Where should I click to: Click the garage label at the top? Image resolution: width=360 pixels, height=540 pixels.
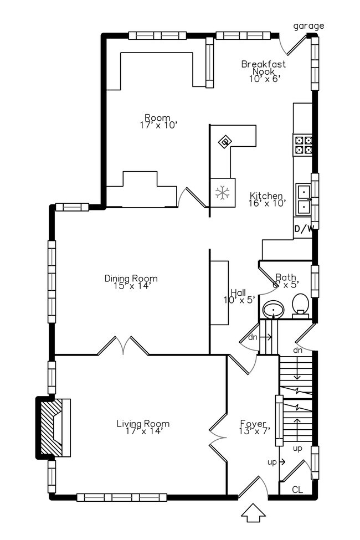(x=308, y=26)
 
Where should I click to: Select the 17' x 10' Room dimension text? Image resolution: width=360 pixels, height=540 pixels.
(x=158, y=125)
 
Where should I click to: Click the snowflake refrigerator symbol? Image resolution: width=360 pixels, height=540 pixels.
(x=222, y=193)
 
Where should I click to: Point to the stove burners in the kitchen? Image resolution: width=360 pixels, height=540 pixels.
(x=302, y=145)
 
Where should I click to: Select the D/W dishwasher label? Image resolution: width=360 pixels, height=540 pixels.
(x=303, y=229)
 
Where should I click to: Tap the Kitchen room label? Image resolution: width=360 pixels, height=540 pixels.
(x=266, y=196)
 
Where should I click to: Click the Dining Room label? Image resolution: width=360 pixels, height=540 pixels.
(x=131, y=279)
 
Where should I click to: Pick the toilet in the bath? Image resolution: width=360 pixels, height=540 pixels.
(x=300, y=304)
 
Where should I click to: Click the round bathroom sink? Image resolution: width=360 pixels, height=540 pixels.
(x=272, y=309)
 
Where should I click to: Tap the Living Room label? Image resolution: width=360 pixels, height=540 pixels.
(x=143, y=424)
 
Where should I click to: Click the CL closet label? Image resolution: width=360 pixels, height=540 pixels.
(x=297, y=490)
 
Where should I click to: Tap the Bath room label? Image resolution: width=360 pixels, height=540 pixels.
(x=286, y=277)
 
